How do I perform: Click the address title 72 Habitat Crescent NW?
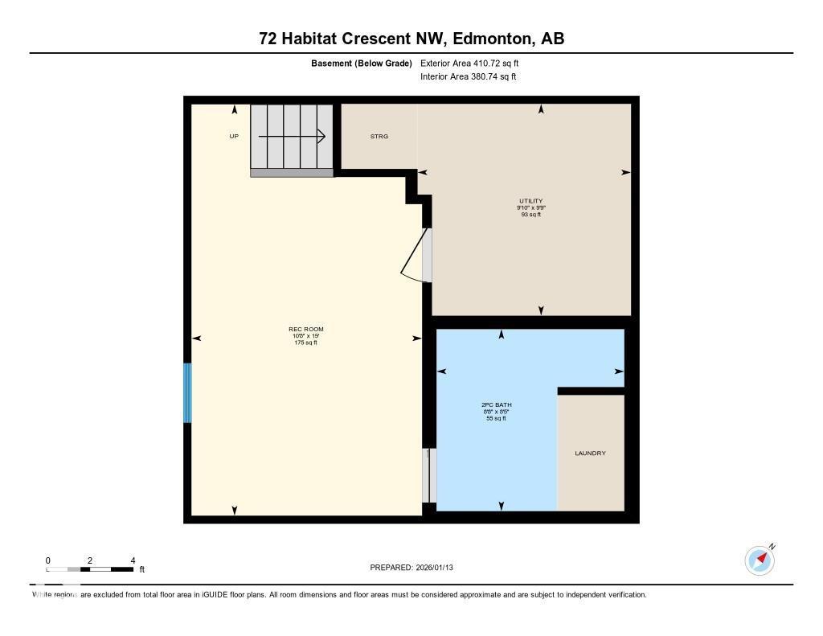tap(411, 39)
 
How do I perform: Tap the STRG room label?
tap(379, 137)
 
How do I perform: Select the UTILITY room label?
tap(531, 201)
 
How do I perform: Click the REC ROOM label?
tap(305, 330)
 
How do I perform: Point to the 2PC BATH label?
tap(496, 405)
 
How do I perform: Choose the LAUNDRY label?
tap(590, 453)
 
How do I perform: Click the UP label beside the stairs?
tap(234, 137)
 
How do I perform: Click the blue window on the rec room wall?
tap(188, 393)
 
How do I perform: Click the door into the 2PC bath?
tap(430, 475)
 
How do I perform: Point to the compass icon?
tap(760, 560)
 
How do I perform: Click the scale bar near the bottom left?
tap(90, 569)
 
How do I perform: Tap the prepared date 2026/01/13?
tap(417, 568)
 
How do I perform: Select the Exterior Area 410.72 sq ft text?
tap(475, 63)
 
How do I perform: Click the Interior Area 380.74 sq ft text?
tap(468, 77)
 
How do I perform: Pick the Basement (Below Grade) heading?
tap(362, 63)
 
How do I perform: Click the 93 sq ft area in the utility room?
tap(531, 215)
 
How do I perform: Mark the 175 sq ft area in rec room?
tap(305, 343)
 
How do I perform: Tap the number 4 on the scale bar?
tap(133, 560)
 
